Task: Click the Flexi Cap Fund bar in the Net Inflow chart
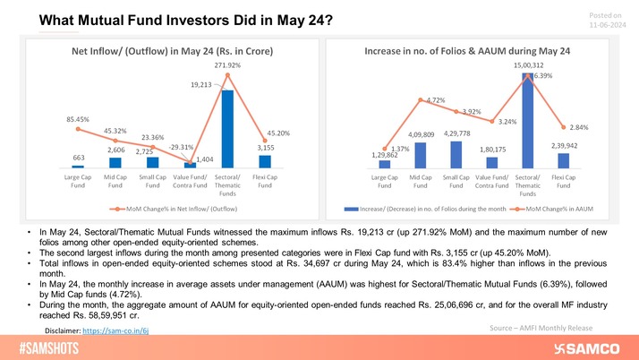266,161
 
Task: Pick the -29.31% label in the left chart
187,145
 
